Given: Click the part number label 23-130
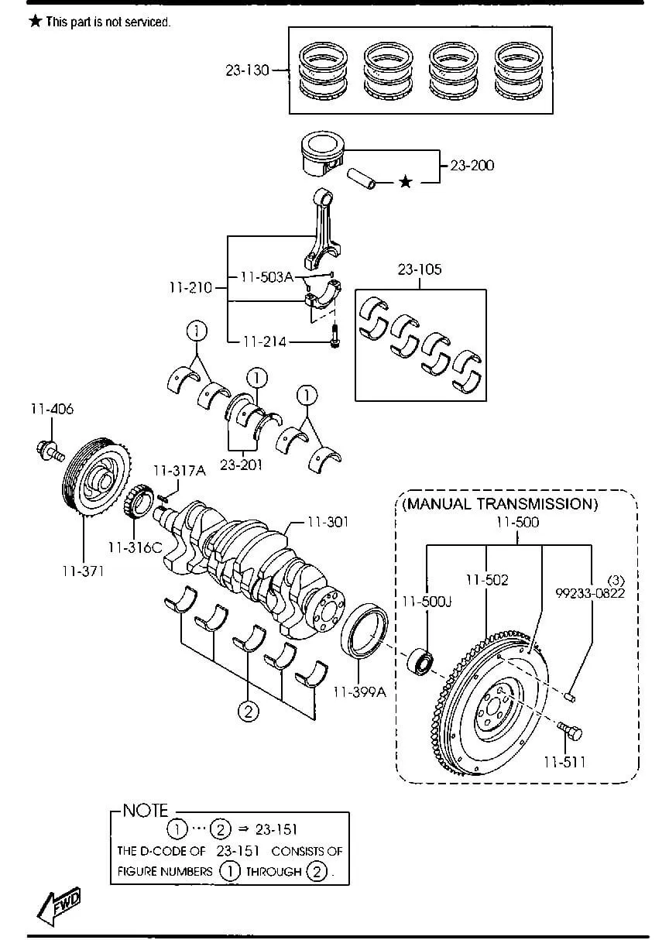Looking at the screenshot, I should pyautogui.click(x=247, y=70).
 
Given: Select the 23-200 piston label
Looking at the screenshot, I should pyautogui.click(x=472, y=165).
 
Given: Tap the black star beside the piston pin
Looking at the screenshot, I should pyautogui.click(x=405, y=182).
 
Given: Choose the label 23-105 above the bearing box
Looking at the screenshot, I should pyautogui.click(x=420, y=269).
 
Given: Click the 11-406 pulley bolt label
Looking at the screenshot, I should pyautogui.click(x=52, y=409).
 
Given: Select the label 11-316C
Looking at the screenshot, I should pyautogui.click(x=135, y=547).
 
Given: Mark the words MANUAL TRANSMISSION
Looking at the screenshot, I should pyautogui.click(x=500, y=504).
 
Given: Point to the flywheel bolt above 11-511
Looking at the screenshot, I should pyautogui.click(x=569, y=729).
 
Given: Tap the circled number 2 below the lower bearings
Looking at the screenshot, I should pyautogui.click(x=248, y=710).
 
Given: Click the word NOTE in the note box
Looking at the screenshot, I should pyautogui.click(x=146, y=811).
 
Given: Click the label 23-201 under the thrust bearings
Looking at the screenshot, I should pyautogui.click(x=241, y=465).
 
